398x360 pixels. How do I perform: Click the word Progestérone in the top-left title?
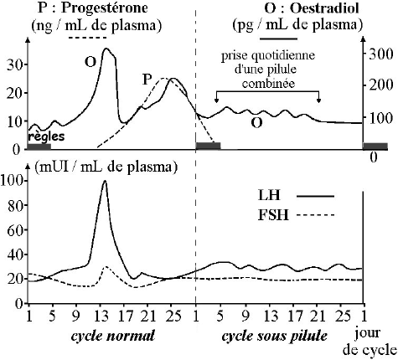105,8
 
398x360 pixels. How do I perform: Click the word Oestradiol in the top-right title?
324,8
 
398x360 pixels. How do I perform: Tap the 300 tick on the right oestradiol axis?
380,54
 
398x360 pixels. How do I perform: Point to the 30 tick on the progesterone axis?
13,64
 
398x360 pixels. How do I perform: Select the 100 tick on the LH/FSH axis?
12,181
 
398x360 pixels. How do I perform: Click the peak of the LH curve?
105,181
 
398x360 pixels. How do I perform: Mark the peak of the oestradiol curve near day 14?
106,49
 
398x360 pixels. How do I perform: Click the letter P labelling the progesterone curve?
147,80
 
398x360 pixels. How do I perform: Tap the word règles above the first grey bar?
46,136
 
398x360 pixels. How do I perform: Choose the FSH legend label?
272,215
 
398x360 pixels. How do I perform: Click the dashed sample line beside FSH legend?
315,215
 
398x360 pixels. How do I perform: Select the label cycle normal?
113,336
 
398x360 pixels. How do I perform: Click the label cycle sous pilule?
274,337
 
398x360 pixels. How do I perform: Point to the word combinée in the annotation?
268,83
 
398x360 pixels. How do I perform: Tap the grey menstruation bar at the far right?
375,146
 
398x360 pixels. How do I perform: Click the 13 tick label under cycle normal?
101,316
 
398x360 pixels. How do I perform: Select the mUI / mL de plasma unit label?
106,167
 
